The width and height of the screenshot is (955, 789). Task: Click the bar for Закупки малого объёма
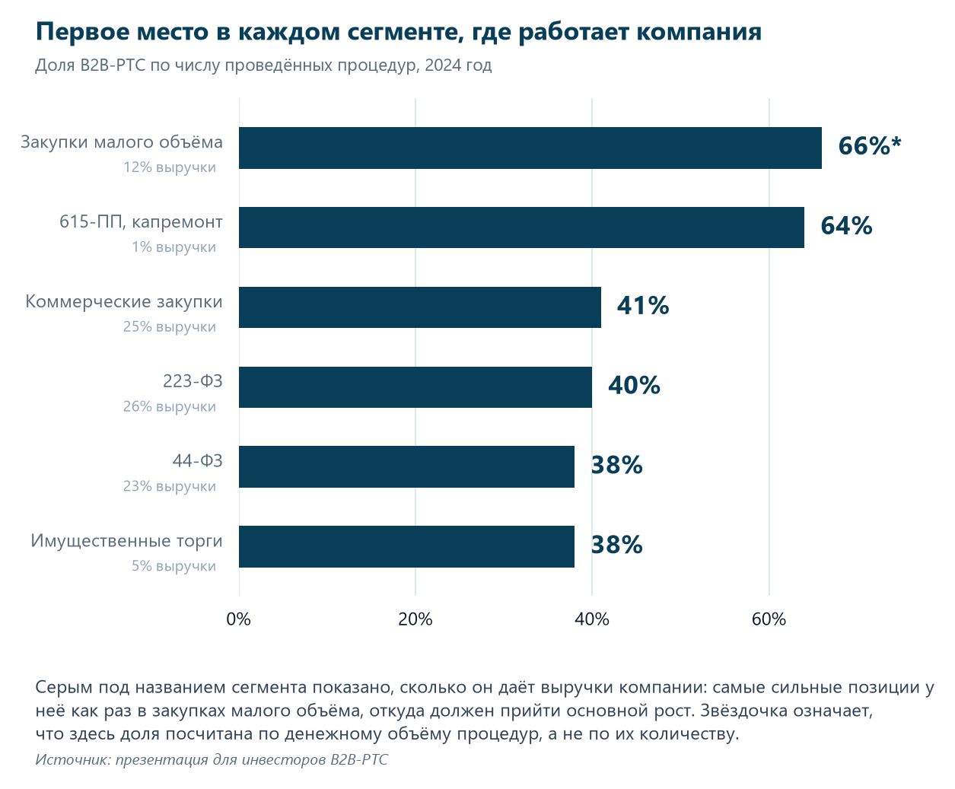click(x=530, y=148)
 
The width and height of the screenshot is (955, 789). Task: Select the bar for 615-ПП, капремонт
click(x=521, y=227)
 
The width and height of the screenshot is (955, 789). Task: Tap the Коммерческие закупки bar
click(x=420, y=307)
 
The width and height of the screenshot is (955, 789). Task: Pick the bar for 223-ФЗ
click(x=415, y=387)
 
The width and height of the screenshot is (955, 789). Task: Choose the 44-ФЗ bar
click(x=406, y=466)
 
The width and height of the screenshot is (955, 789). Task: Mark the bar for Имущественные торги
click(x=406, y=546)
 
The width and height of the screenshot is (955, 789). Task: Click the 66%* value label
click(x=870, y=146)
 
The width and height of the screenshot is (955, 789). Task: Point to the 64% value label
click(x=846, y=225)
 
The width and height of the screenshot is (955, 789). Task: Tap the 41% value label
click(x=642, y=306)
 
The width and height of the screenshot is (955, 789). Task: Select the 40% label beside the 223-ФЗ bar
click(x=634, y=385)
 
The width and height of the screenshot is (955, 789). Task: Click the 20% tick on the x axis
click(x=415, y=619)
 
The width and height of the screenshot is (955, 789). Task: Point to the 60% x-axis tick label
click(x=769, y=619)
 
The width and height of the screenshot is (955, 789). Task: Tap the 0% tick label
click(x=239, y=619)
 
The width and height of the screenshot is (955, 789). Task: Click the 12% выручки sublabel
click(x=170, y=167)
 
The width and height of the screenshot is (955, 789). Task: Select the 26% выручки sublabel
click(x=170, y=406)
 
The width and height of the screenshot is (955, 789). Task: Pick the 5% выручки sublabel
click(x=173, y=566)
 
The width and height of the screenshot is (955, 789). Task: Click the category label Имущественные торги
click(x=126, y=541)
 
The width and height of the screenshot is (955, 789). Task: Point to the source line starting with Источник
click(x=212, y=760)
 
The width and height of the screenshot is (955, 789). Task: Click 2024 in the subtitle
click(x=443, y=65)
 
